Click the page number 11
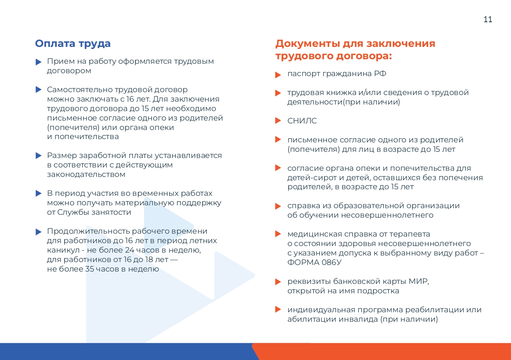488,19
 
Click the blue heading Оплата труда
73,43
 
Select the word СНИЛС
302,121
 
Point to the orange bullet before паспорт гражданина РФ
278,74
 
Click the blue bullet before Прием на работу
39,62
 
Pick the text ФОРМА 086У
314,262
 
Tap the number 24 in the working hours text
129,250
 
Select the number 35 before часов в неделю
89,269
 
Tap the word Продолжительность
88,231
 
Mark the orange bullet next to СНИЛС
278,121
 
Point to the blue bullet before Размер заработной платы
39,156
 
